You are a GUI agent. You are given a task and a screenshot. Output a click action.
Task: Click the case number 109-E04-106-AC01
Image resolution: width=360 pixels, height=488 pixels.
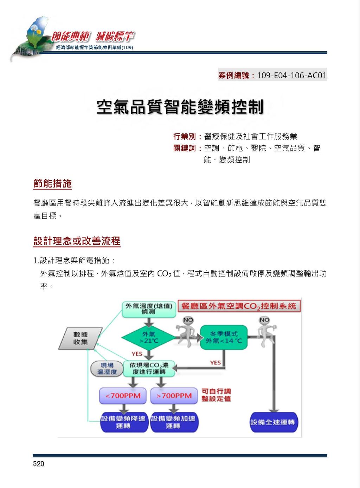pos(292,76)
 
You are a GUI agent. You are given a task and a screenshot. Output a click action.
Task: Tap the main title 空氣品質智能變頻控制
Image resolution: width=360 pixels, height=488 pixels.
pos(180,107)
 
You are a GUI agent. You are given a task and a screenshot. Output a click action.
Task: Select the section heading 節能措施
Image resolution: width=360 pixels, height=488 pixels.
pos(52,184)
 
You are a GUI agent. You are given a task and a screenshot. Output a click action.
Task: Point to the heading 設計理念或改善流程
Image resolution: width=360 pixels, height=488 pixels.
pos(77,241)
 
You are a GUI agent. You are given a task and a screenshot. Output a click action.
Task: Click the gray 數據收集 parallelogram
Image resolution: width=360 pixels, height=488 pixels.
pos(81,338)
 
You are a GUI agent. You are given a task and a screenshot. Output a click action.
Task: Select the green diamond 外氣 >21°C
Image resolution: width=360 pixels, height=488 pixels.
pos(149,338)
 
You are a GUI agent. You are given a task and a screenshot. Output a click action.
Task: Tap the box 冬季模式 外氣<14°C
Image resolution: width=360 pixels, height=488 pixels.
pos(224,338)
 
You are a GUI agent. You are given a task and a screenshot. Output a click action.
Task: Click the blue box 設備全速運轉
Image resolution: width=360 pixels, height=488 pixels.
pos(274,422)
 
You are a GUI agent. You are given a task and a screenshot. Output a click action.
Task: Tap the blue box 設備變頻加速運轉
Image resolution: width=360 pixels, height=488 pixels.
pos(174,422)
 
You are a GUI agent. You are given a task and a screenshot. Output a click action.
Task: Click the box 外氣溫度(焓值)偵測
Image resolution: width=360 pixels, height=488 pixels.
pos(149,310)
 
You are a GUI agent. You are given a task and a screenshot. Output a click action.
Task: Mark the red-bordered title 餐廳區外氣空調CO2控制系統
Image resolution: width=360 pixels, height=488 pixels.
pos(239,306)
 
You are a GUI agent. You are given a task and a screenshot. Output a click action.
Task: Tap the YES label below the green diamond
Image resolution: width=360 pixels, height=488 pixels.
pos(137,354)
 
